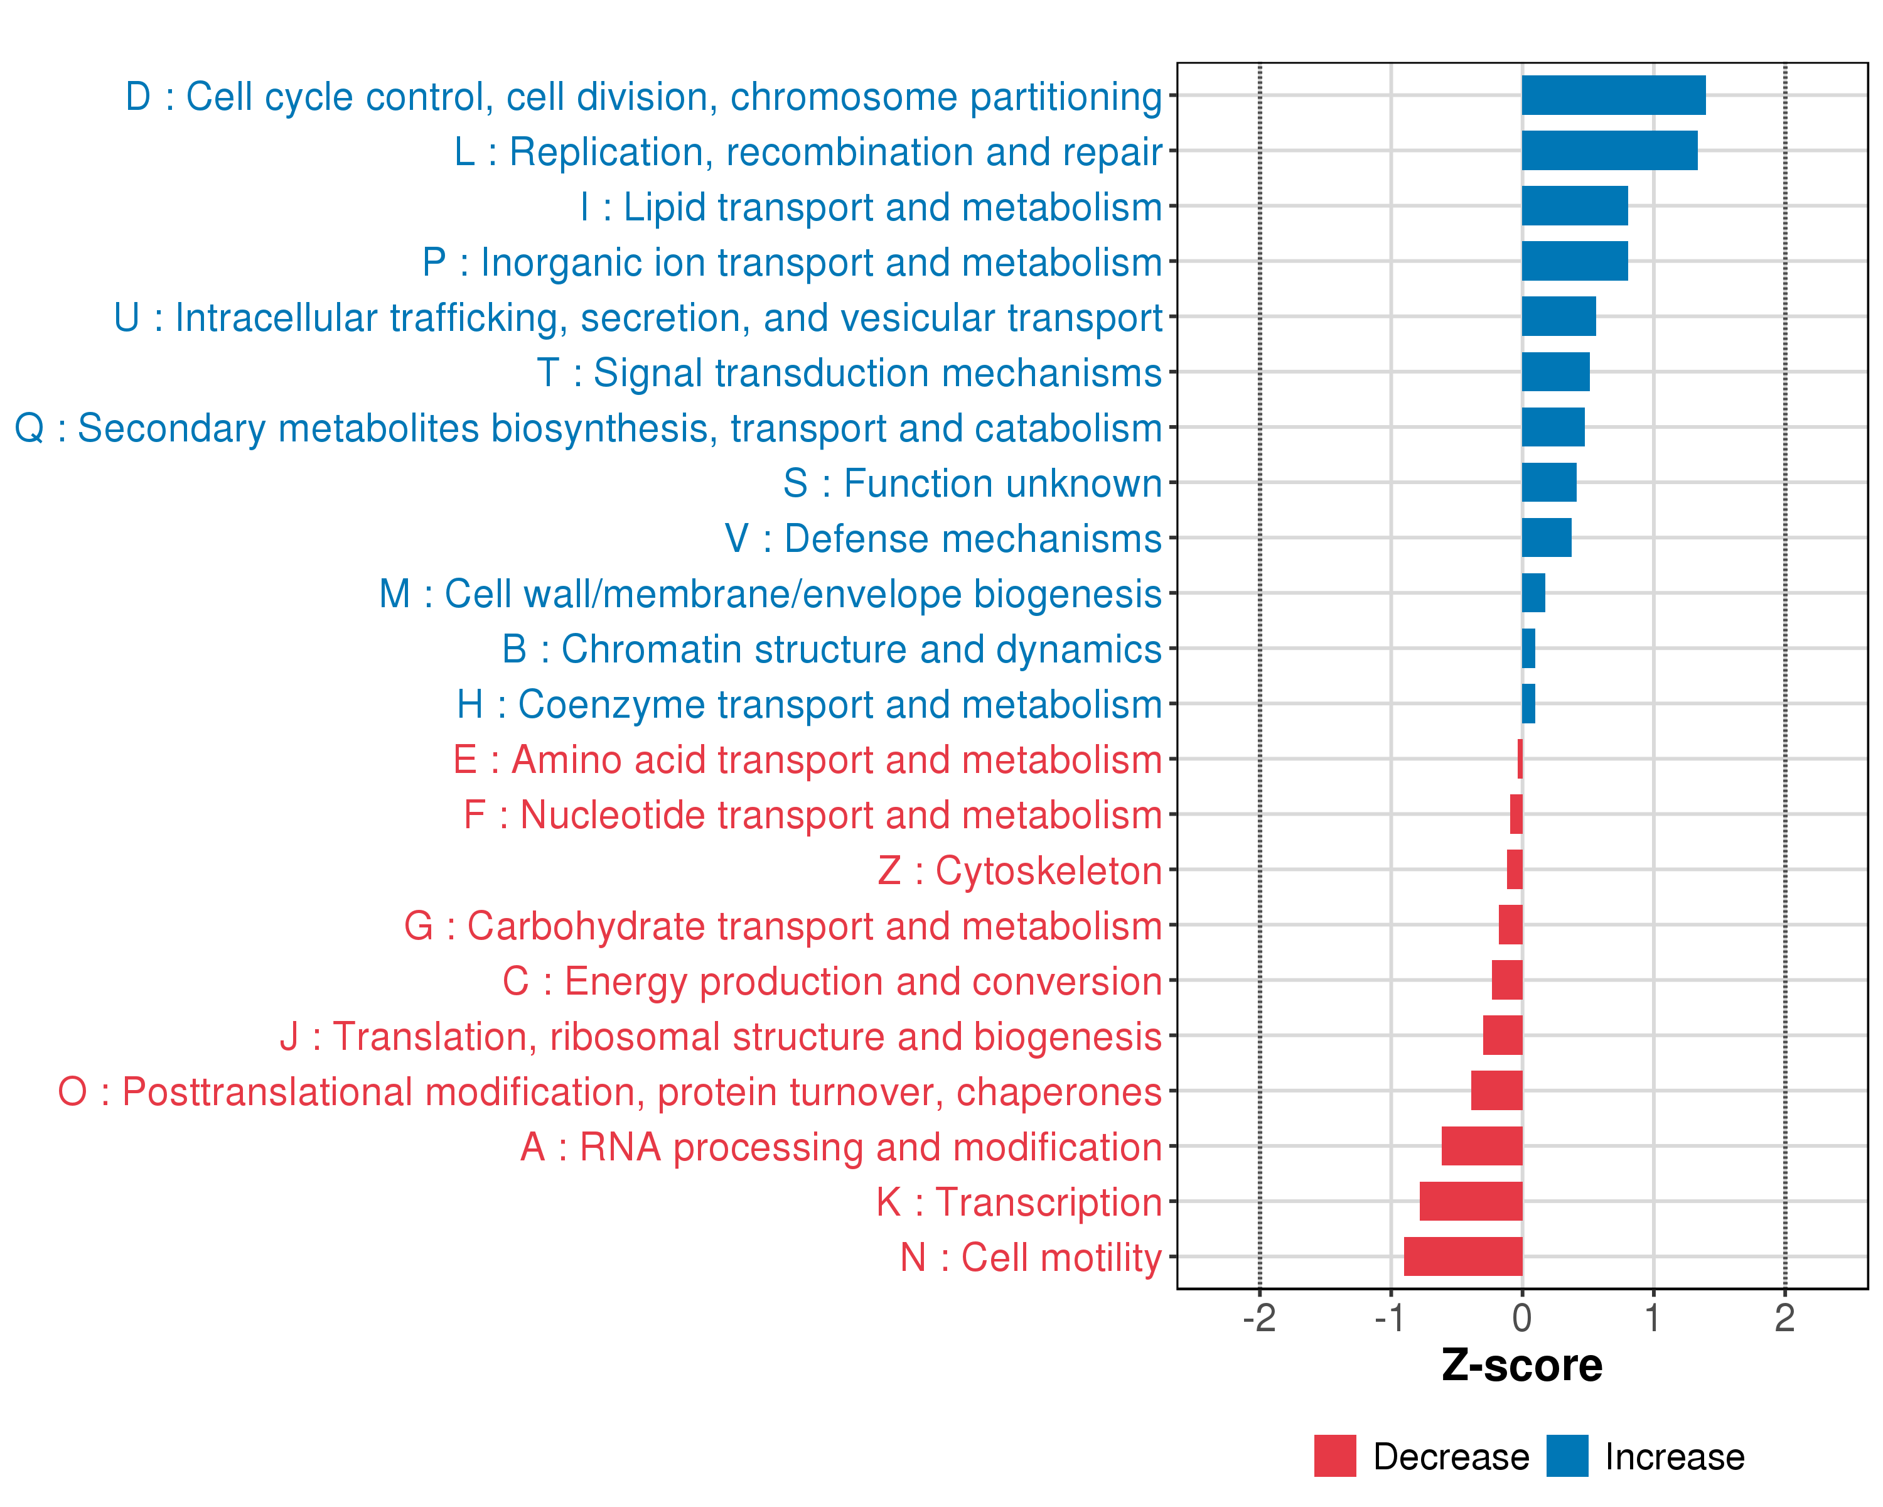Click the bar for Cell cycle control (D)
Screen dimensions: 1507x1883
pyautogui.click(x=1613, y=95)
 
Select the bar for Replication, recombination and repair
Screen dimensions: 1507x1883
pyautogui.click(x=1609, y=150)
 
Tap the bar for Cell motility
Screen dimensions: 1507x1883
pyautogui.click(x=1463, y=1256)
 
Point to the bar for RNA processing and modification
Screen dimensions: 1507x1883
pyautogui.click(x=1481, y=1145)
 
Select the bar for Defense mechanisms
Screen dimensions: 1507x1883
pyautogui.click(x=1546, y=537)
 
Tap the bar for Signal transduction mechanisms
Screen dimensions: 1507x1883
pyautogui.click(x=1555, y=372)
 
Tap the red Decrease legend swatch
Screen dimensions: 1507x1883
pyautogui.click(x=1334, y=1456)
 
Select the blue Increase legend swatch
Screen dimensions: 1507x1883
pyautogui.click(x=1567, y=1456)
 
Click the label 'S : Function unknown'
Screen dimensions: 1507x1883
pyautogui.click(x=972, y=483)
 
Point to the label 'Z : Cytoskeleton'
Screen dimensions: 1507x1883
pyautogui.click(x=1019, y=871)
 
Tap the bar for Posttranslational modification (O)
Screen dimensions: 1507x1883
pyautogui.click(x=1496, y=1090)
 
